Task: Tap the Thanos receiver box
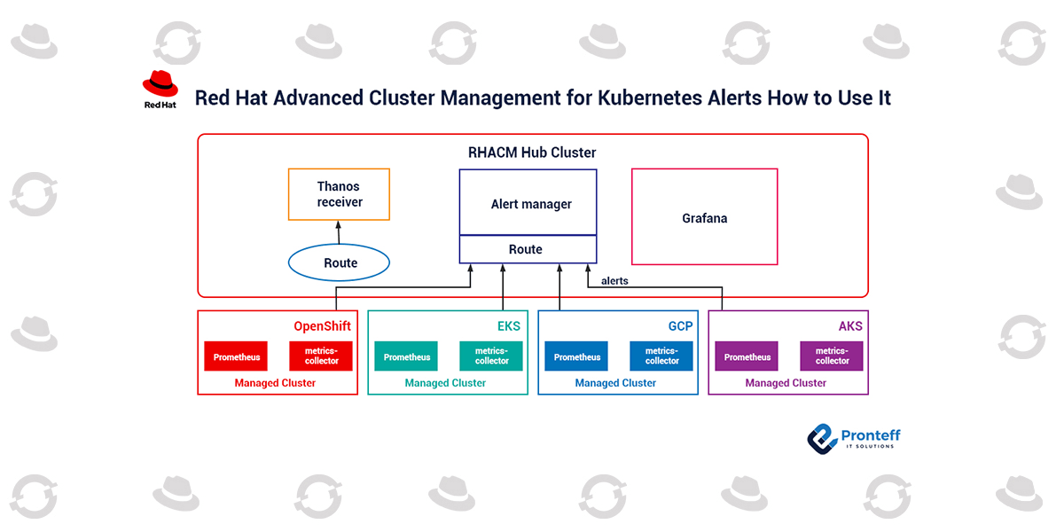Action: coord(340,194)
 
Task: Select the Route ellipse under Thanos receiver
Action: coord(340,262)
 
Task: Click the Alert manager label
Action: coord(531,204)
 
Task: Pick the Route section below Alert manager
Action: coord(526,249)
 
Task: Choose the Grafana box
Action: coord(704,217)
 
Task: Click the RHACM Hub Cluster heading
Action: coord(532,153)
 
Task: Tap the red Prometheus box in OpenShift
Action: coord(237,356)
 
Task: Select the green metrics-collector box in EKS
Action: coord(491,356)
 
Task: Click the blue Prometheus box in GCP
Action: coord(577,356)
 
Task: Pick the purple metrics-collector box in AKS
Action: coord(832,356)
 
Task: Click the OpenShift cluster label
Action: coord(322,326)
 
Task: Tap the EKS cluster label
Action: coord(508,326)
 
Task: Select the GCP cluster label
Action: coord(680,326)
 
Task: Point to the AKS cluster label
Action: coord(849,326)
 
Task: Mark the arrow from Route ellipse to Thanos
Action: coord(339,232)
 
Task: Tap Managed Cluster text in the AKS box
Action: coord(786,383)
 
